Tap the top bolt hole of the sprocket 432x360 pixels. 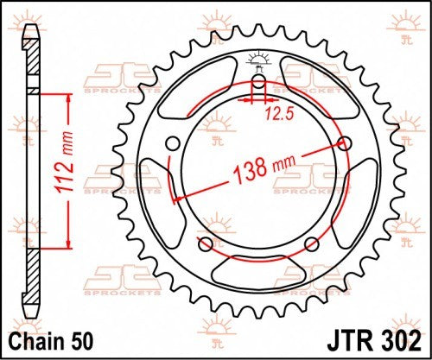(257, 82)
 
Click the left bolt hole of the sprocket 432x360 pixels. (172, 143)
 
